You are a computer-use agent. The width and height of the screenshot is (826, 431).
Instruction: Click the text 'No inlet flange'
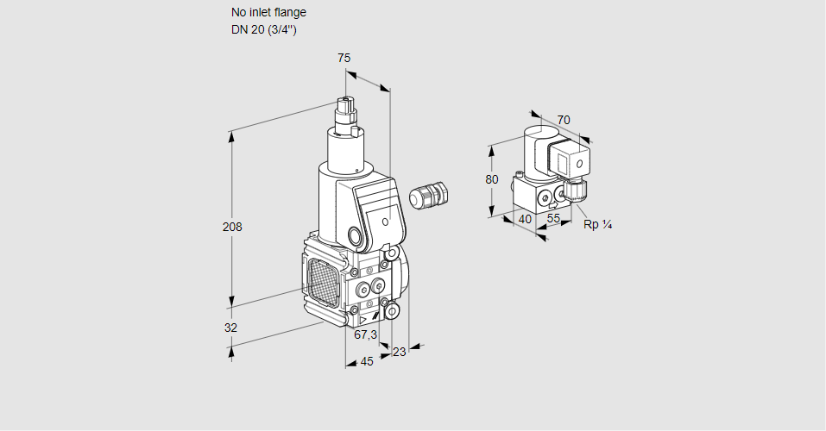[268, 13]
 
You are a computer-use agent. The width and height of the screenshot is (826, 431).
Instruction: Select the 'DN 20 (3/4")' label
[264, 30]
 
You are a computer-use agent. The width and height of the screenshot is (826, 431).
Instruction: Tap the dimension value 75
[344, 58]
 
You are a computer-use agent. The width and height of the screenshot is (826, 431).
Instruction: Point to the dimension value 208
[232, 228]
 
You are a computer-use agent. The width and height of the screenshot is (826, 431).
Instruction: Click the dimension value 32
[230, 328]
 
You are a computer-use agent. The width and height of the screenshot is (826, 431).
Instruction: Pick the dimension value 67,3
[366, 334]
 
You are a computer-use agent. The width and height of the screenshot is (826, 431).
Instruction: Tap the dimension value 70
[564, 120]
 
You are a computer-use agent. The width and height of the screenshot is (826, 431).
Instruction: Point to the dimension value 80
[492, 179]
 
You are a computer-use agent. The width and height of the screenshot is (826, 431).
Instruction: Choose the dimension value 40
[525, 219]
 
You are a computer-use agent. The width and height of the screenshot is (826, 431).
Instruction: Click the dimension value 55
[554, 219]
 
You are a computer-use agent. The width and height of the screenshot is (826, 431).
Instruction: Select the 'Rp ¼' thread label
[597, 225]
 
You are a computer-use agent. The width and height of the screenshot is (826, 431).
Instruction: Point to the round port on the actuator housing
[355, 236]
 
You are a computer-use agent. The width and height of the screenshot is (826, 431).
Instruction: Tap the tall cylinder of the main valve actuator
[348, 150]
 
